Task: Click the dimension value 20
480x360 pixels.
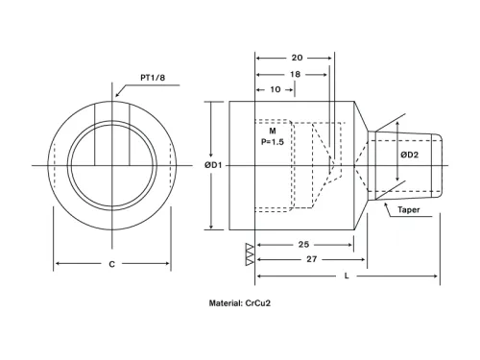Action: [297, 57]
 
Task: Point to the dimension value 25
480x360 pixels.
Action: [303, 244]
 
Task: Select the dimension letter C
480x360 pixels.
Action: [112, 263]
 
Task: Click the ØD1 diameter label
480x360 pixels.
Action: [214, 165]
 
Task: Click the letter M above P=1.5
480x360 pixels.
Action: [273, 130]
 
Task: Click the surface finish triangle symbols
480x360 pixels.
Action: [250, 253]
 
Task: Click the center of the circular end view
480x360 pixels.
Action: [112, 165]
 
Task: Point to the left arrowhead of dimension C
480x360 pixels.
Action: [56, 263]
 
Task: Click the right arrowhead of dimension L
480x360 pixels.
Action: [438, 276]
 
